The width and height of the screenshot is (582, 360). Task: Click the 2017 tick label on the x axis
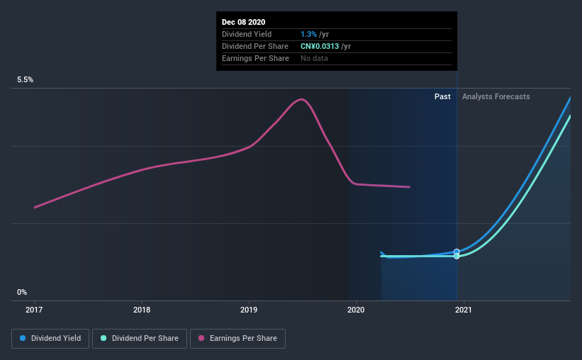[x=35, y=310]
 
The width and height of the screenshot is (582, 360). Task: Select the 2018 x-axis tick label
[x=142, y=310]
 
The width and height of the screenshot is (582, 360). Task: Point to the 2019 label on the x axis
[x=249, y=310]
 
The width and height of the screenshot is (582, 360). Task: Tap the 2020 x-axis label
[x=356, y=310]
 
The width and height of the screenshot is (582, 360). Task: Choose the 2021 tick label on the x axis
[x=464, y=310]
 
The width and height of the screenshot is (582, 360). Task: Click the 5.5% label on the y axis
[x=26, y=80]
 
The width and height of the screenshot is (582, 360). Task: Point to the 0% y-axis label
[x=22, y=292]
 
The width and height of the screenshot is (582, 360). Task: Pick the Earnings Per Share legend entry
[x=240, y=339]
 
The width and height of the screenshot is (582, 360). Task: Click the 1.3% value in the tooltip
[x=308, y=34]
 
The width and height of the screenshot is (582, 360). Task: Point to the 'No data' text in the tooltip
[x=314, y=58]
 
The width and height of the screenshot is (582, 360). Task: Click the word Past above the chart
[x=442, y=96]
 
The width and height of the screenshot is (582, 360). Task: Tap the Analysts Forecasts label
[x=496, y=96]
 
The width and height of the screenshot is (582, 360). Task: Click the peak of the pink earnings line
[x=302, y=99]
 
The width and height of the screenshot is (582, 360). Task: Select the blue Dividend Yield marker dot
[x=457, y=252]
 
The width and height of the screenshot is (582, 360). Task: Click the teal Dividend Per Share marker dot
[x=457, y=256]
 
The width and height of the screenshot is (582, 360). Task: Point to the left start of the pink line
[x=35, y=207]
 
